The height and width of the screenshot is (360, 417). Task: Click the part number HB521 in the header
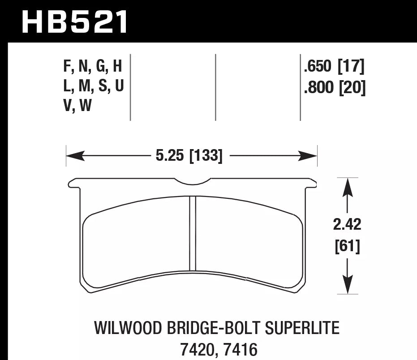click(75, 21)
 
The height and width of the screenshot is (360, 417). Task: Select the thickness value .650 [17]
click(334, 67)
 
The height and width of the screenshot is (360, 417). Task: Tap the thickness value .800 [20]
click(334, 87)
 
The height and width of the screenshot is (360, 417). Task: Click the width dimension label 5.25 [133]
click(189, 156)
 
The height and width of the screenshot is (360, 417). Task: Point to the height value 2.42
click(348, 224)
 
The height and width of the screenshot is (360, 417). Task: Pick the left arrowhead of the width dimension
click(73, 156)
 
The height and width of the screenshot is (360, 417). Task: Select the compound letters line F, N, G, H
click(93, 67)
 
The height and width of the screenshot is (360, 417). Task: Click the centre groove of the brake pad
click(193, 233)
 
